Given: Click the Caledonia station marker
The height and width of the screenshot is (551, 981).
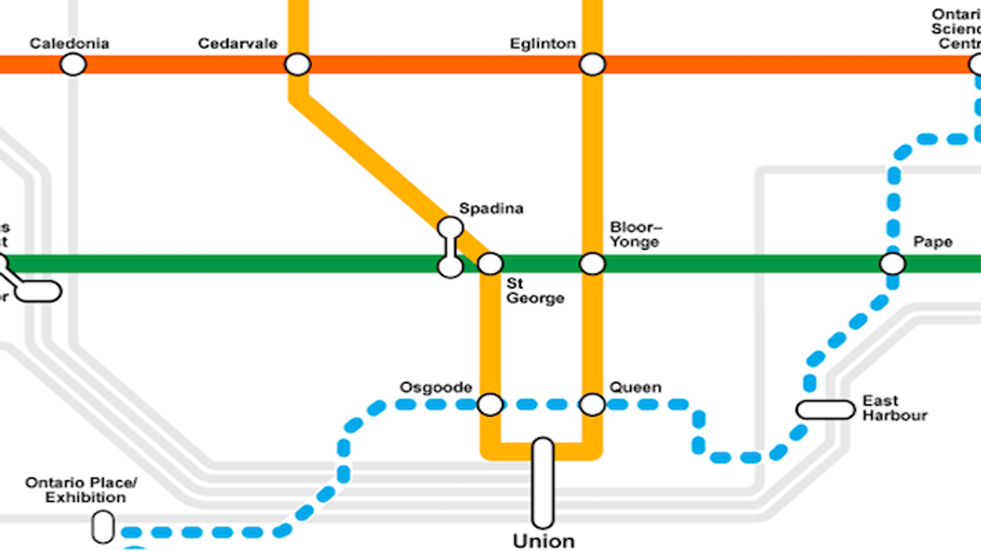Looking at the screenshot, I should [73, 64].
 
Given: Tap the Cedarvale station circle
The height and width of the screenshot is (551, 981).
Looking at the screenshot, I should [297, 64].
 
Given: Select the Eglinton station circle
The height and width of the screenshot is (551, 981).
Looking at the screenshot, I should [593, 64].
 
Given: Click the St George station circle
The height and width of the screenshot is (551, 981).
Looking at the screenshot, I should [490, 263].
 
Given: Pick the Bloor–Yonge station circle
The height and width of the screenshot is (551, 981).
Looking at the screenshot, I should [593, 263].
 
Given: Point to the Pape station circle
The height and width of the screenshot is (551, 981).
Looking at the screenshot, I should [893, 263].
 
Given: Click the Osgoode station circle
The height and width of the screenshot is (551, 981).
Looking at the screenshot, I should [490, 404].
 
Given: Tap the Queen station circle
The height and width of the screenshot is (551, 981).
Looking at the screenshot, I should [593, 404].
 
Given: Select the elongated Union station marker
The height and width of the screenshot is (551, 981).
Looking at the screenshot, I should [543, 483].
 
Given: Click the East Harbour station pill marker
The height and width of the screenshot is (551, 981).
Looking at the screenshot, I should [825, 410].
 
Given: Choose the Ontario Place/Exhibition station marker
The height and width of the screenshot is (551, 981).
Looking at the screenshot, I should [103, 527].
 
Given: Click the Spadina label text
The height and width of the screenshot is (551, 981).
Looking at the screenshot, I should [491, 209].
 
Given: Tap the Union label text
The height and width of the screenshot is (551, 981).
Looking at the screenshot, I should [544, 542].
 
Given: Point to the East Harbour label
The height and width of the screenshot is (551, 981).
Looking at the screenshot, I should [894, 408].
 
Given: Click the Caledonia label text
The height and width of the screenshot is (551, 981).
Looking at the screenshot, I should [69, 43].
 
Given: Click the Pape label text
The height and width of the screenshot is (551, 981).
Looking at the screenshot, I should [933, 241].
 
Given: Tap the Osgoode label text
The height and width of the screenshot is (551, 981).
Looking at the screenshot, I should [436, 387].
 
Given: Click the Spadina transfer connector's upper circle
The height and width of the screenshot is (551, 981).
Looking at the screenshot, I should [450, 228].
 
